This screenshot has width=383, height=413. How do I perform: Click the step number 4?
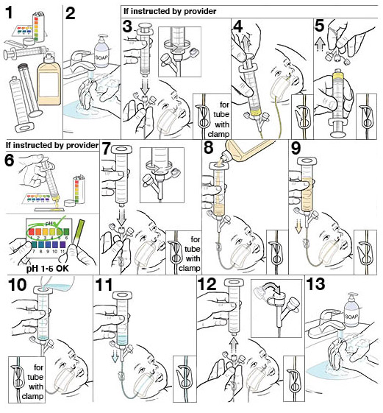[x=237, y=27]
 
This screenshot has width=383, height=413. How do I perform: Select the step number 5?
[x=318, y=27]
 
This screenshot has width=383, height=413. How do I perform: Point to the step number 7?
[x=108, y=149]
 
